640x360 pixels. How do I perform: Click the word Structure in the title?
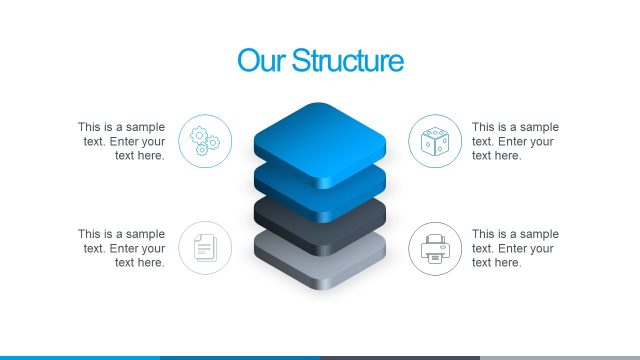pyautogui.click(x=347, y=61)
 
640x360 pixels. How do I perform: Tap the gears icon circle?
pyautogui.click(x=205, y=141)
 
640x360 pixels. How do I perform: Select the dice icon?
pyautogui.click(x=435, y=141)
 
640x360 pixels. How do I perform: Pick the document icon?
pyautogui.click(x=205, y=248)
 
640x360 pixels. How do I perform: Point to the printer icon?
pyautogui.click(x=435, y=248)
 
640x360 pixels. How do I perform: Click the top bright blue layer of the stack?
pyautogui.click(x=320, y=135)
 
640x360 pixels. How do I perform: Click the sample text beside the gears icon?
pyautogui.click(x=122, y=141)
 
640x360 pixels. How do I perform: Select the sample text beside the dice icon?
pyautogui.click(x=514, y=141)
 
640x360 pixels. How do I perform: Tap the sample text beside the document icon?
pyautogui.click(x=122, y=248)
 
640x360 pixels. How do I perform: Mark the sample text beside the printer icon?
pyautogui.click(x=514, y=248)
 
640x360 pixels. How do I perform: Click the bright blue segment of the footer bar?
pyautogui.click(x=80, y=357)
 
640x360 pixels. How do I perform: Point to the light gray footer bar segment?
pyautogui.click(x=560, y=357)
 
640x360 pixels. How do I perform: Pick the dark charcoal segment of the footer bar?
pyautogui.click(x=400, y=357)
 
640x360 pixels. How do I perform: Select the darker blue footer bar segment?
pyautogui.click(x=240, y=357)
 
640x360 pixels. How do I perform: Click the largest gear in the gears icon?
pyautogui.click(x=199, y=135)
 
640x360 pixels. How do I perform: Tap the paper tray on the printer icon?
pyautogui.click(x=435, y=257)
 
